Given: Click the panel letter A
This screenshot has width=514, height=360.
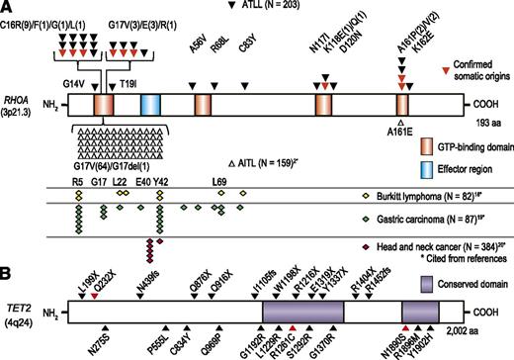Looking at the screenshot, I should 7,7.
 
